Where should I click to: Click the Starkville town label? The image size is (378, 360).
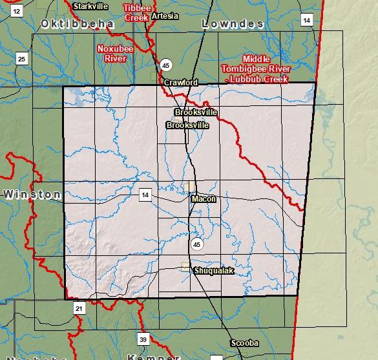90,6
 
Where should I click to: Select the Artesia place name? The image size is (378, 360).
166,16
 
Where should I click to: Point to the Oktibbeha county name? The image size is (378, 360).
77,24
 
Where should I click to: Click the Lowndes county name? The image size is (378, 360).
233,24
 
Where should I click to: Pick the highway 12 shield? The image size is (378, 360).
17,10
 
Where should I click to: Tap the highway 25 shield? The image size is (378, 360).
22,59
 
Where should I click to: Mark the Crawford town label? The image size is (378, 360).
181,83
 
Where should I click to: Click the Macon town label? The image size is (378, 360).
204,199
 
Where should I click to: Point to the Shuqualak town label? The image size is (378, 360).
213,271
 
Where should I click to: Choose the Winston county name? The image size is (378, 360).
31,194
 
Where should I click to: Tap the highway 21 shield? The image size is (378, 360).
78,309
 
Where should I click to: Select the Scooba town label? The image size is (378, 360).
244,343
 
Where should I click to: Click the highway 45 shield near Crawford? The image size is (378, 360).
166,65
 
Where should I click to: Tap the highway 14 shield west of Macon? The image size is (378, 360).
145,195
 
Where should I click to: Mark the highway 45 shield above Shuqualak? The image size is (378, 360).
197,244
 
